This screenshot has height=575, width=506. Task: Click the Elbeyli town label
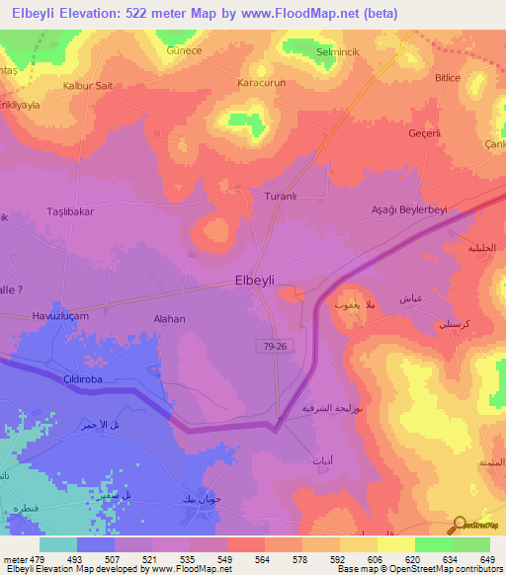[x=261, y=280]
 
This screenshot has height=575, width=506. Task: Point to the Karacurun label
[x=262, y=83]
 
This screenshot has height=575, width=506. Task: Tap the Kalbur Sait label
[x=88, y=86]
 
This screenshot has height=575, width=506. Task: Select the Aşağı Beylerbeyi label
[x=409, y=210]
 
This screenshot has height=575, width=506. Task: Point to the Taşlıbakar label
[x=70, y=211]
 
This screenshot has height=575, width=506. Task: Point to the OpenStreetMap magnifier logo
[x=459, y=525]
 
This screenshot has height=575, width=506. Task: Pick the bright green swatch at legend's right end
[x=470, y=544]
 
